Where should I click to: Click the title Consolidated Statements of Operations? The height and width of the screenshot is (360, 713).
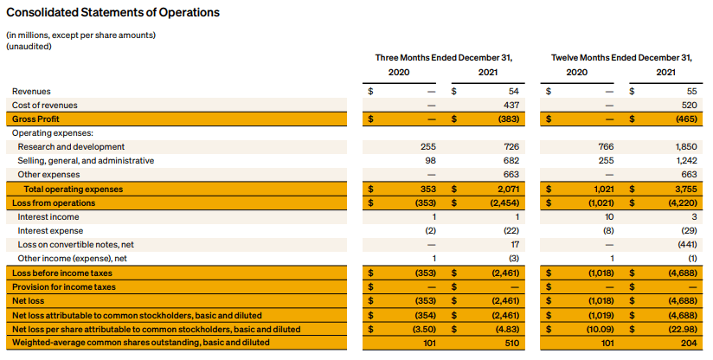pyautogui.click(x=112, y=12)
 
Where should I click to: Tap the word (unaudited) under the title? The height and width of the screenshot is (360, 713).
pyautogui.click(x=29, y=47)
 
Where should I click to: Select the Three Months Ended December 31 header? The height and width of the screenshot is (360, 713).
pyautogui.click(x=444, y=58)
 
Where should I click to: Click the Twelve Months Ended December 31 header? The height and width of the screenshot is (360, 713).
pyautogui.click(x=621, y=58)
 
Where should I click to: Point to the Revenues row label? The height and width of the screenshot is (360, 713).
pyautogui.click(x=31, y=92)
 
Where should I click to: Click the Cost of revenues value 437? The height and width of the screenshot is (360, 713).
pyautogui.click(x=511, y=105)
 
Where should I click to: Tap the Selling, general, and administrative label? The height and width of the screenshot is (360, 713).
pyautogui.click(x=86, y=161)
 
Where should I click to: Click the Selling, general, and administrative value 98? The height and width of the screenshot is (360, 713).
pyautogui.click(x=430, y=160)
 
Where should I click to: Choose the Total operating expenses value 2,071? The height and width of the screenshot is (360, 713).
pyautogui.click(x=507, y=190)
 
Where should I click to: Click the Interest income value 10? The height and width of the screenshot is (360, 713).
pyautogui.click(x=609, y=217)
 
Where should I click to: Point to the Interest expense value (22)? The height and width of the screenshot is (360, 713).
pyautogui.click(x=511, y=231)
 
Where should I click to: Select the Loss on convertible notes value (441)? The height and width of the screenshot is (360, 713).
pyautogui.click(x=688, y=245)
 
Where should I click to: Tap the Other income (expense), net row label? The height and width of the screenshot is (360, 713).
pyautogui.click(x=73, y=259)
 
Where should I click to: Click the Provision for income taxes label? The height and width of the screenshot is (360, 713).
pyautogui.click(x=64, y=287)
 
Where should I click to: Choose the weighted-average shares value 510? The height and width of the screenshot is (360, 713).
pyautogui.click(x=512, y=343)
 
